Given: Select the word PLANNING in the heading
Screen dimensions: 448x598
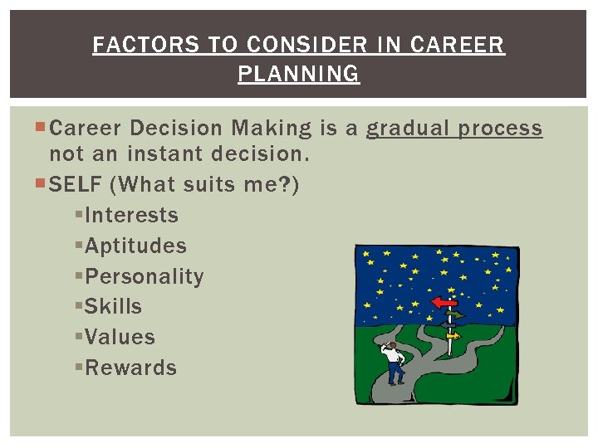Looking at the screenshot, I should tap(299, 74).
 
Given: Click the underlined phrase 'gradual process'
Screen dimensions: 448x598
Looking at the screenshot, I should tap(454, 129).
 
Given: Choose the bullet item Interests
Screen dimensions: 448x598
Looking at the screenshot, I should tap(131, 216).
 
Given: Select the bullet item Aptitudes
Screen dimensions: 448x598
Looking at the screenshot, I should tap(135, 246).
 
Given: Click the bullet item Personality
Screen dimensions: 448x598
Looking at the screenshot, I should tap(144, 276).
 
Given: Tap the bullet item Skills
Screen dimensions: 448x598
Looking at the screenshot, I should tap(113, 307).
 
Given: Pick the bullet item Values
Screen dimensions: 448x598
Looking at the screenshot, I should tap(120, 338).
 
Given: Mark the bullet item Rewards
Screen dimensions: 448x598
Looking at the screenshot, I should tap(130, 368).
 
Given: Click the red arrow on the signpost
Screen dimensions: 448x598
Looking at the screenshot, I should tap(444, 304).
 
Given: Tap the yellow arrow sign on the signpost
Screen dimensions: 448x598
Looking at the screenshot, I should tap(453, 336).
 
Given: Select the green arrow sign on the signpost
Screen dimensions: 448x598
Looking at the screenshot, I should tap(456, 315).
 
